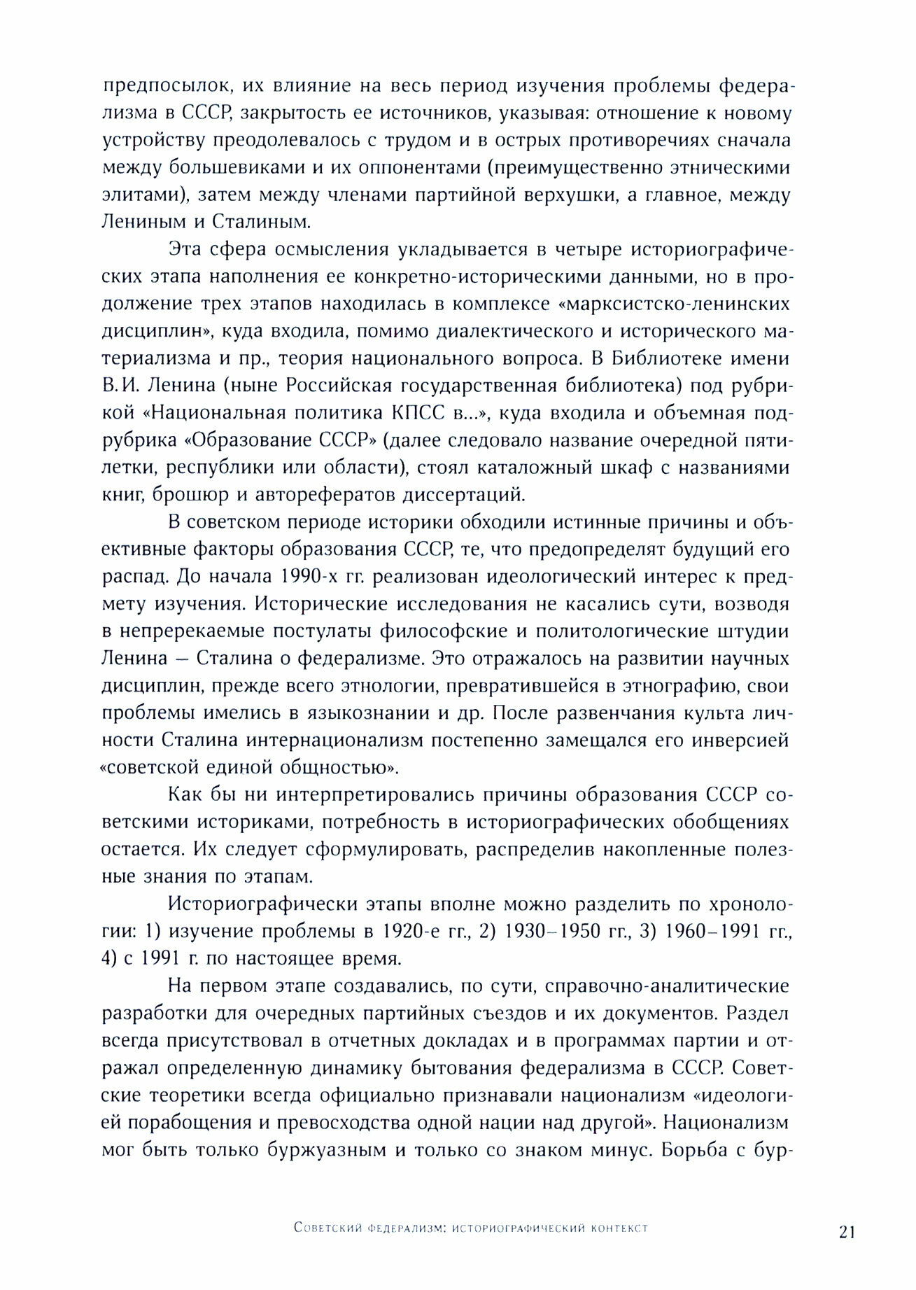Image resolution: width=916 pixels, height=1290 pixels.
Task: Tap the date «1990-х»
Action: [307, 577]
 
